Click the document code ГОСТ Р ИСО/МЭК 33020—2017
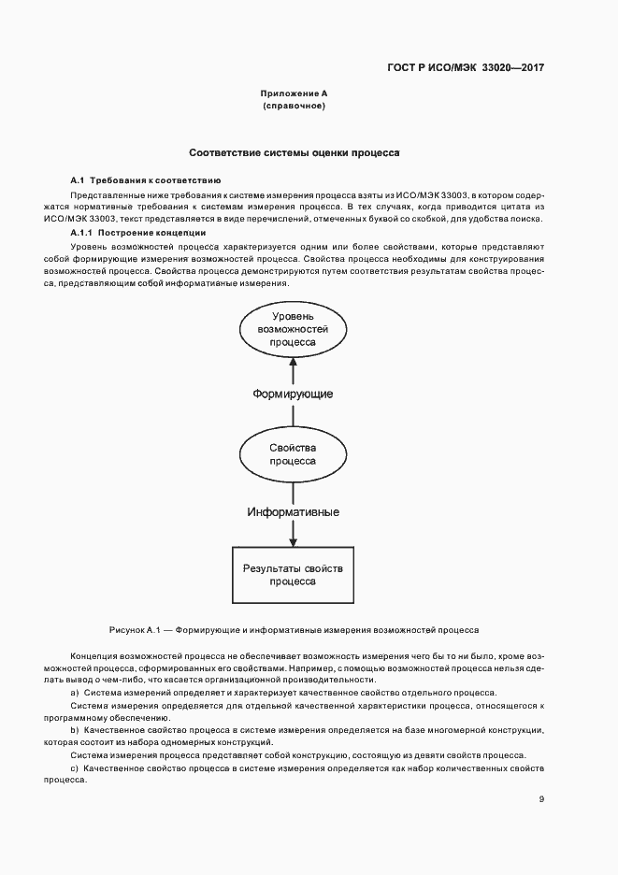pyautogui.click(x=465, y=68)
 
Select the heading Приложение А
pyautogui.click(x=294, y=94)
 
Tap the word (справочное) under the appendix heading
pyautogui.click(x=294, y=107)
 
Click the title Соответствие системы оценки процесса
pyautogui.click(x=295, y=151)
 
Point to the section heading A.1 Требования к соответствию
pyautogui.click(x=145, y=179)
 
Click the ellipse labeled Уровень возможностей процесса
pyautogui.click(x=293, y=331)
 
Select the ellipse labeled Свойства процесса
pyautogui.click(x=293, y=454)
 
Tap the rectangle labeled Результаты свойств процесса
pyautogui.click(x=293, y=574)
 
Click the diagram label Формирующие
pyautogui.click(x=293, y=394)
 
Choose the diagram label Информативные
pyautogui.click(x=293, y=512)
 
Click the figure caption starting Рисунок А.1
pyautogui.click(x=294, y=630)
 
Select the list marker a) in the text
pyautogui.click(x=75, y=693)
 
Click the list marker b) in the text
pyautogui.click(x=75, y=729)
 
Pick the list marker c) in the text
pyautogui.click(x=75, y=767)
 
